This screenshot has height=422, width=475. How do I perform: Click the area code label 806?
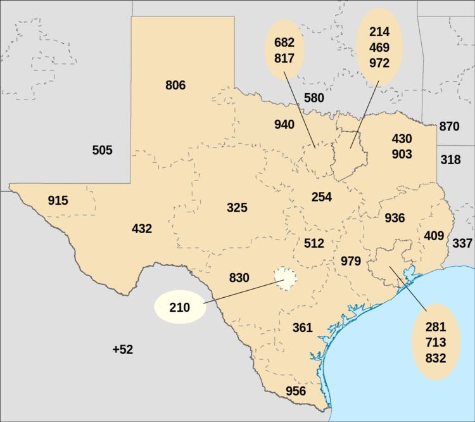[175, 85]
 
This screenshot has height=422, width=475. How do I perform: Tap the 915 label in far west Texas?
[58, 201]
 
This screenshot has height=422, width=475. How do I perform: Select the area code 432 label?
[142, 228]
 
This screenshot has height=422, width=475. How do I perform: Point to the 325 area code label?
[237, 207]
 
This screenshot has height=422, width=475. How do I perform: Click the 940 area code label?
[284, 124]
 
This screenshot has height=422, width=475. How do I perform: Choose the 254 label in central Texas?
[322, 196]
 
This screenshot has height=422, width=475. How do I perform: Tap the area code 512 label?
[313, 243]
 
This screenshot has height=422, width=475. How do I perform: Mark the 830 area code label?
[239, 278]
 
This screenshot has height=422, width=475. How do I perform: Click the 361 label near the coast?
[303, 328]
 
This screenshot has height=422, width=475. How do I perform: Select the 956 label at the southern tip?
[296, 391]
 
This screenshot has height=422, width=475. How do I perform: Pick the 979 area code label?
[351, 261]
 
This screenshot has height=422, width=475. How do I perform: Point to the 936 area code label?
[395, 218]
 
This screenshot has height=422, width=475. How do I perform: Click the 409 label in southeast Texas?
[434, 236]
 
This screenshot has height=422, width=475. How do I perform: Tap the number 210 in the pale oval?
[180, 308]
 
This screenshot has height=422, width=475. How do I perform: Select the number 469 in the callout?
[379, 48]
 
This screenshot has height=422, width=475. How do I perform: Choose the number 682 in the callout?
[284, 42]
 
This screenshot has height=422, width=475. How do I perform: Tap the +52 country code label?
[122, 349]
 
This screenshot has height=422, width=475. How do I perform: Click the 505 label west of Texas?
[102, 150]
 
